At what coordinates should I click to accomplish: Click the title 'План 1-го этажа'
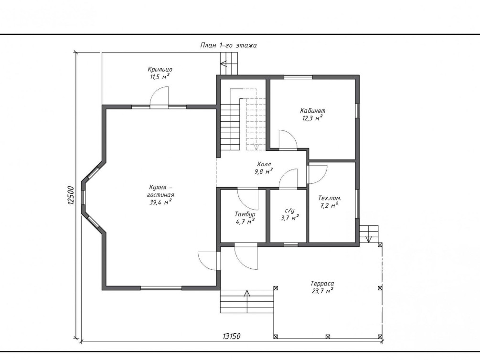point(228,46)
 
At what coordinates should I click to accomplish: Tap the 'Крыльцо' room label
point(160,70)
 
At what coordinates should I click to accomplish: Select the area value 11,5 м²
point(160,76)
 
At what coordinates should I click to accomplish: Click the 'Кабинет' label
point(312,110)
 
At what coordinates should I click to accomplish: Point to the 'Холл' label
point(264,164)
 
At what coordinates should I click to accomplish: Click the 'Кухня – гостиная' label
point(161,191)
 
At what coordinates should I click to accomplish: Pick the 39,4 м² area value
point(160,202)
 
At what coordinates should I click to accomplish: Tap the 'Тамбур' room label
point(245,214)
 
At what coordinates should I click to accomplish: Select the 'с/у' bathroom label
point(289,211)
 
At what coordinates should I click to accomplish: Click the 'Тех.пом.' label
point(330,198)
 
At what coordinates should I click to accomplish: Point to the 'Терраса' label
point(322,284)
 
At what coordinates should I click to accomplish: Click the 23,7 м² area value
point(322,291)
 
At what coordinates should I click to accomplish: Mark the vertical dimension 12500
point(71,195)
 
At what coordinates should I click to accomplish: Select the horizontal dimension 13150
point(232,336)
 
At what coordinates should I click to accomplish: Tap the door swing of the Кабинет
point(288,139)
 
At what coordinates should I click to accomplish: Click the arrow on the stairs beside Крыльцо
point(224,64)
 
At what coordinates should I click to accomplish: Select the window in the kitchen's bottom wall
point(161,288)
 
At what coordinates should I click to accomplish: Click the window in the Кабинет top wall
point(297,77)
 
